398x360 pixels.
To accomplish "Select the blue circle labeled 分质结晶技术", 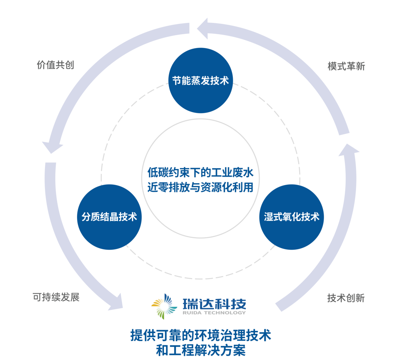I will click(x=109, y=217).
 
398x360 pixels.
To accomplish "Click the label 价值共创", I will click(x=55, y=65).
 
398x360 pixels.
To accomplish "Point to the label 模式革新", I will click(x=346, y=66).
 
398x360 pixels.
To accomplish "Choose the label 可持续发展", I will click(x=56, y=297).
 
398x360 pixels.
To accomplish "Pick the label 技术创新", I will click(x=346, y=298).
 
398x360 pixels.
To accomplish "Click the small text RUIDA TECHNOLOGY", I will click(x=214, y=313).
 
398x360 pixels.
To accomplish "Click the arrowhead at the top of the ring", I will click(x=203, y=28).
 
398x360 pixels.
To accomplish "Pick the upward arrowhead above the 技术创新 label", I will click(x=348, y=149).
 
